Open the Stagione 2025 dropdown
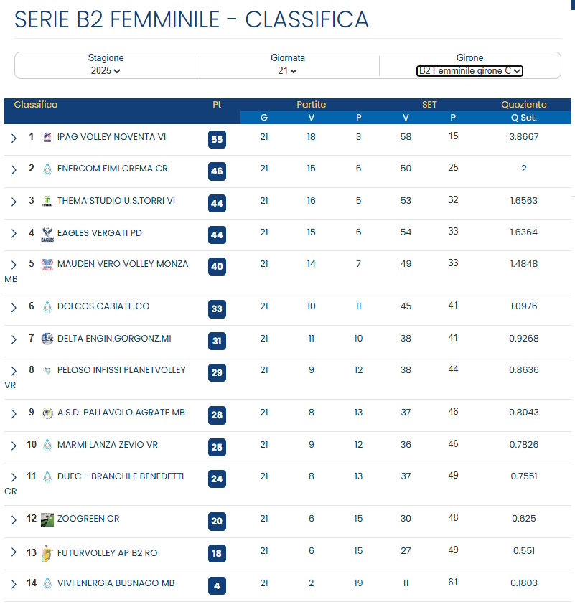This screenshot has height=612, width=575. click(x=106, y=70)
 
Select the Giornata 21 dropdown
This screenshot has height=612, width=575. click(x=287, y=70)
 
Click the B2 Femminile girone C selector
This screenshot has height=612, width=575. click(x=469, y=70)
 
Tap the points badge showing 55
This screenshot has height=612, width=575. click(x=217, y=139)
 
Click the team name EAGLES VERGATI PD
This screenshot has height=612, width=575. click(x=100, y=232)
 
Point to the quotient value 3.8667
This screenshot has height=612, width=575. click(x=524, y=136)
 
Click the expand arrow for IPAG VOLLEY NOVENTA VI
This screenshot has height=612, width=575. click(x=14, y=138)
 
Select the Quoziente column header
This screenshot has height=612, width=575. click(x=523, y=105)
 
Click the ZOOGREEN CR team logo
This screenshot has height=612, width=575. click(x=47, y=519)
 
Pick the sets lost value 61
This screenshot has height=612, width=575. click(x=453, y=583)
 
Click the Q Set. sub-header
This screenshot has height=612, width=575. click(x=523, y=118)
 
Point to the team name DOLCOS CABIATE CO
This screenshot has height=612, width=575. click(x=103, y=306)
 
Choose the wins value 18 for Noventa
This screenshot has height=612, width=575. click(x=311, y=136)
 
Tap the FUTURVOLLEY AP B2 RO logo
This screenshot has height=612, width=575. click(x=47, y=552)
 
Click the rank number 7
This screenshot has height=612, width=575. click(x=32, y=338)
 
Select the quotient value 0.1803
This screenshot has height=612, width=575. click(x=524, y=583)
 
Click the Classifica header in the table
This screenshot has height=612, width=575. click(x=36, y=105)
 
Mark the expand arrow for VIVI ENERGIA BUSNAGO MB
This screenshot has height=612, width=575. click(x=14, y=585)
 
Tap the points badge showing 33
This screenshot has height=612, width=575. click(x=217, y=309)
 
